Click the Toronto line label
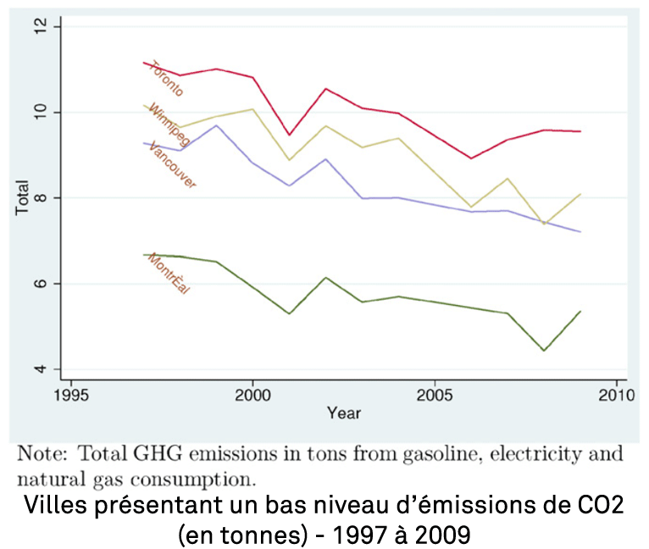click(166, 78)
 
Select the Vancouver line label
click(172, 165)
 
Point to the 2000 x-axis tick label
click(252, 396)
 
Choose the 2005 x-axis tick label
click(435, 396)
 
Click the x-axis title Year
click(344, 413)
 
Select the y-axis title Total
click(23, 197)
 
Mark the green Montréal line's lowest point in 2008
click(544, 351)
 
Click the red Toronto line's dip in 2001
click(289, 135)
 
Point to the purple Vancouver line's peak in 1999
click(216, 125)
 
